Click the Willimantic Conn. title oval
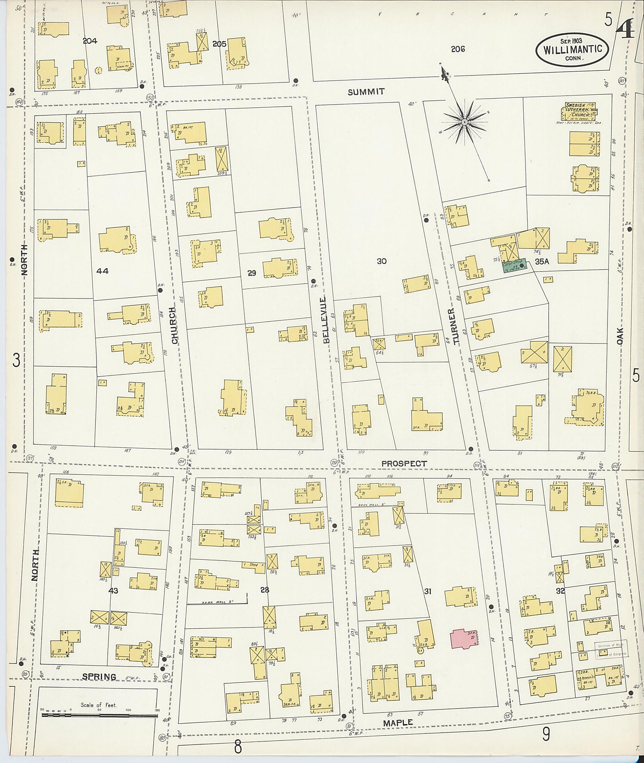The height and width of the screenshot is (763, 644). (572, 50)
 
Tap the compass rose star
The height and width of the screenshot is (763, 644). (465, 122)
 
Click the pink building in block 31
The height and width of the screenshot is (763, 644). (465, 638)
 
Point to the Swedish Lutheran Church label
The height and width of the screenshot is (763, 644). (577, 111)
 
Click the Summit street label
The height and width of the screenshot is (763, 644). (366, 92)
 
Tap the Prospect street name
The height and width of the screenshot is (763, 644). (404, 464)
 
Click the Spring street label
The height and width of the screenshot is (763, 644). (99, 677)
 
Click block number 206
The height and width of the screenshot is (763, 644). (458, 49)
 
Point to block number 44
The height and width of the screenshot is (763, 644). (103, 271)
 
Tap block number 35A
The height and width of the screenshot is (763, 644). (542, 261)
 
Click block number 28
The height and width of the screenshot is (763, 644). (264, 590)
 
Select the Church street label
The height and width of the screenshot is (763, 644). (174, 325)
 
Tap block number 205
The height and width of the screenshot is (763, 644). (219, 44)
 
